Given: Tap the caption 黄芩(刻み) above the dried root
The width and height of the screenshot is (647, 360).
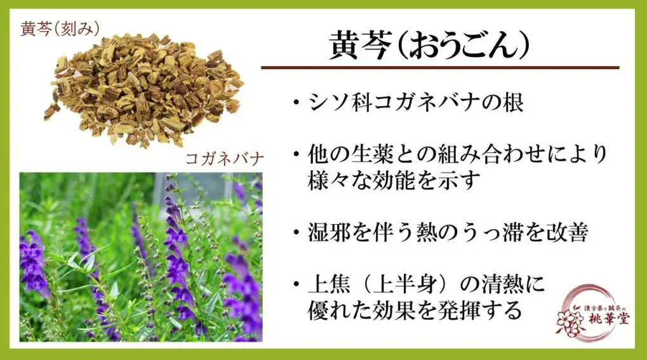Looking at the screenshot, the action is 60,29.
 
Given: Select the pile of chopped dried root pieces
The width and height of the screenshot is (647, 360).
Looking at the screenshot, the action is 144,89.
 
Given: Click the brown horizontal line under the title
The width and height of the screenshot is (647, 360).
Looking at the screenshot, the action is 440,67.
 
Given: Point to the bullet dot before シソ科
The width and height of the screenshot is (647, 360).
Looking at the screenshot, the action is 296,102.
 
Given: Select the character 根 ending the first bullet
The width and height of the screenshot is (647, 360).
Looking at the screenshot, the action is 513,102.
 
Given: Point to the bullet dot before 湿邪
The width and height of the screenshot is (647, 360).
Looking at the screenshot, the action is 296,233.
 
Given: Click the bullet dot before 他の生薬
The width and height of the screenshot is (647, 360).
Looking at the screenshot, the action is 296,154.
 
